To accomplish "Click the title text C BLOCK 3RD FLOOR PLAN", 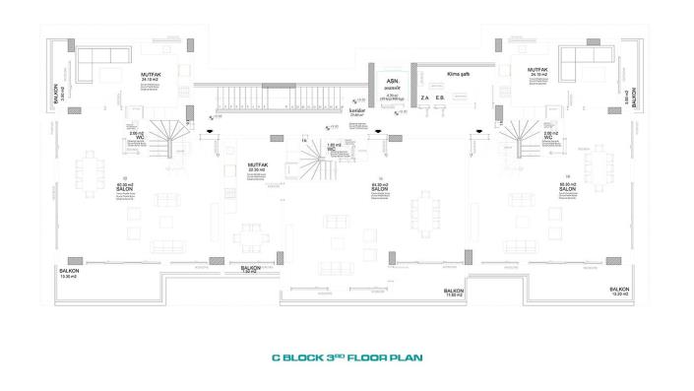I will point(346,358).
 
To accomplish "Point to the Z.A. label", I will point(424,98).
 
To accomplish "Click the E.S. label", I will point(441,98).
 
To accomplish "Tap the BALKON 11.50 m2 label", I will point(454,293).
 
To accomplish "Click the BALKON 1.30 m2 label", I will point(251,269).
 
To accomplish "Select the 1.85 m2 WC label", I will point(334,146).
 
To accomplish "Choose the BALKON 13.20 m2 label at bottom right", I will point(619,292).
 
